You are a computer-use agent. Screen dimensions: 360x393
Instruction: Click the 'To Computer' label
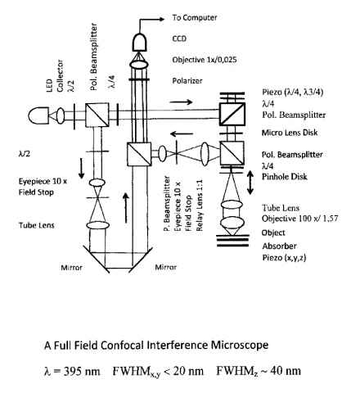[195, 18]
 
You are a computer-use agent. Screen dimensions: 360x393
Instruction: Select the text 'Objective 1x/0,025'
[205, 60]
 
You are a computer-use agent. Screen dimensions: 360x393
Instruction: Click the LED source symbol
[38, 115]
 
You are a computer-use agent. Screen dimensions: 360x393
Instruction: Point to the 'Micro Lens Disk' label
[290, 133]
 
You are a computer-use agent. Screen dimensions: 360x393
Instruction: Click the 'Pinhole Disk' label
[285, 177]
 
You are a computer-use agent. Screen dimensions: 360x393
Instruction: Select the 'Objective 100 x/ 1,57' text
[300, 219]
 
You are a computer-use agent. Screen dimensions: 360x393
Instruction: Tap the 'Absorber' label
[279, 246]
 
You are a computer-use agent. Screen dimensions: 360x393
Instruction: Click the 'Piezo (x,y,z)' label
[284, 258]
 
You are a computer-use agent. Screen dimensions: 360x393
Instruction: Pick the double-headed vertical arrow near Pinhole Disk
[250, 183]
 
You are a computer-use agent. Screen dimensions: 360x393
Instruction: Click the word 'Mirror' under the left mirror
[71, 268]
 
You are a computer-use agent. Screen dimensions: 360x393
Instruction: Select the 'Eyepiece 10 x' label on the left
[43, 182]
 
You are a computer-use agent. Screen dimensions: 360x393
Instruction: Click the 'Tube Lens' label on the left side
[37, 225]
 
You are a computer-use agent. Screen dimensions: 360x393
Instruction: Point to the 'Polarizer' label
[187, 81]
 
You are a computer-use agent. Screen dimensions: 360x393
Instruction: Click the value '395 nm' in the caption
[82, 371]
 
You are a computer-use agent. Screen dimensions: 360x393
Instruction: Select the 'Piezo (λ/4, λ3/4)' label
[293, 93]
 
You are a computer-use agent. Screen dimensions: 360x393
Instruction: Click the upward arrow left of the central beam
[126, 208]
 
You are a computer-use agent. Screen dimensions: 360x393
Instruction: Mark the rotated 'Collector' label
[60, 75]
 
